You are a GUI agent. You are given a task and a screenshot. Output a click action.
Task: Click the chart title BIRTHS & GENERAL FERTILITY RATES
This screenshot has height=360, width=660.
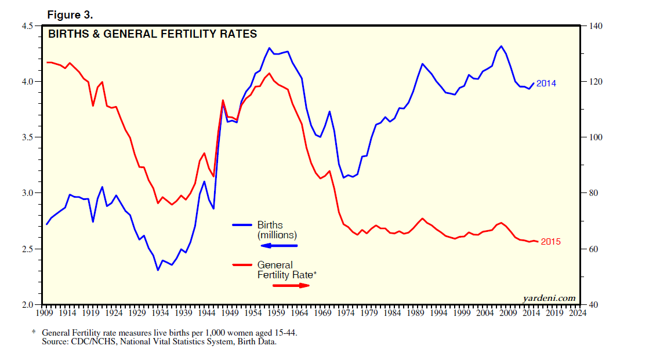click(x=152, y=34)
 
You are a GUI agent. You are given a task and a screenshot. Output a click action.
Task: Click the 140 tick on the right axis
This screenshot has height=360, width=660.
click(x=596, y=26)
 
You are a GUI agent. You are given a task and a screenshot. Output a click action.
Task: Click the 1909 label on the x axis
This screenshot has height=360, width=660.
click(x=45, y=313)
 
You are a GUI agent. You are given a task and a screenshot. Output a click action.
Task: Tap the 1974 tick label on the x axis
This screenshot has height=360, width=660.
click(x=347, y=313)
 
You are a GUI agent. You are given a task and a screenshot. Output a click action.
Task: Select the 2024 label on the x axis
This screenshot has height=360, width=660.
click(x=578, y=313)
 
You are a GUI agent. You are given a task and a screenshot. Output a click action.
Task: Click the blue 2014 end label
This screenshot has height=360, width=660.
click(x=546, y=83)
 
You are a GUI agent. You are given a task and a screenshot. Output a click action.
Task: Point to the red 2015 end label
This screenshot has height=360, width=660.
click(x=550, y=242)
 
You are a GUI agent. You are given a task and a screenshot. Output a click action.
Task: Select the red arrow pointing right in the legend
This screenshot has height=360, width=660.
click(x=292, y=285)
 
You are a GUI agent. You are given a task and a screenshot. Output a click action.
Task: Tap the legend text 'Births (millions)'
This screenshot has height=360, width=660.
click(x=277, y=230)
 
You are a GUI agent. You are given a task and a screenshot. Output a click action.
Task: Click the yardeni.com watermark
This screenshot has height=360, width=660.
click(x=549, y=298)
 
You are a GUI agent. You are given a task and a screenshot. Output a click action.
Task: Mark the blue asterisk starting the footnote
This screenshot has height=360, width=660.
click(x=34, y=333)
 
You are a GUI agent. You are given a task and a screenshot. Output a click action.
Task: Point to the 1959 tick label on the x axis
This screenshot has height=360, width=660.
click(x=277, y=313)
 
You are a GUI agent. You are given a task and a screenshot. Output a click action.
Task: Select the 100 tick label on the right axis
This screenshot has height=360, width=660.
click(x=596, y=137)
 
